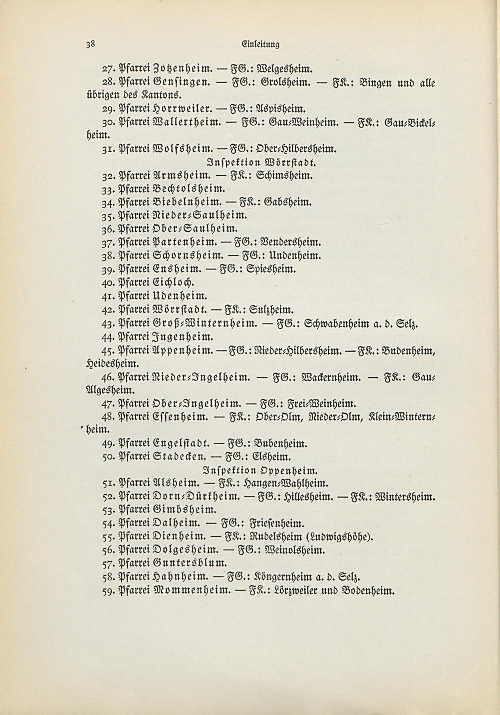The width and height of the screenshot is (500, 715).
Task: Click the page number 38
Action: tap(90, 43)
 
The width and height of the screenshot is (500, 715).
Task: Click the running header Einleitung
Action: tap(260, 44)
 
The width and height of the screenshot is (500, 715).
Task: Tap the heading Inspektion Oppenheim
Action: tap(261, 470)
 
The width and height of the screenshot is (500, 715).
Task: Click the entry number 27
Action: tap(109, 68)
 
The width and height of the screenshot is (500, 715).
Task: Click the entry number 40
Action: tap(109, 282)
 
